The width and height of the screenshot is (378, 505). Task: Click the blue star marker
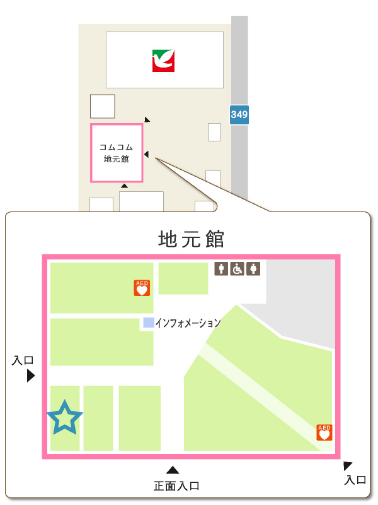[64, 418]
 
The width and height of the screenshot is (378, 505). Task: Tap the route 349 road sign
[239, 115]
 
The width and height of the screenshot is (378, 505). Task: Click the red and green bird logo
[163, 61]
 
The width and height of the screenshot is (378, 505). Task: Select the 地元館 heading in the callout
[191, 239]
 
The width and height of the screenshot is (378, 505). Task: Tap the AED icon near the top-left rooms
[142, 288]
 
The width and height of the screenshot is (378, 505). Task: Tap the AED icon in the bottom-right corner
[324, 432]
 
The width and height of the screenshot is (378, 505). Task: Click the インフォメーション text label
[188, 323]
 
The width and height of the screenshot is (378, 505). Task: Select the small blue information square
[148, 323]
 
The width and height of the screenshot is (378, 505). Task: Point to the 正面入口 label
[176, 486]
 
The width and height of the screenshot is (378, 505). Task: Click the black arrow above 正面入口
[173, 470]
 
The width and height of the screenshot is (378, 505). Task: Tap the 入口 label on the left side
[23, 361]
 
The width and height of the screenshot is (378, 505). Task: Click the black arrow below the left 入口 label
[30, 376]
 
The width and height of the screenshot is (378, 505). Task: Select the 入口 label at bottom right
[355, 480]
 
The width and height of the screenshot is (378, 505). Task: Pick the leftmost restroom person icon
[222, 269]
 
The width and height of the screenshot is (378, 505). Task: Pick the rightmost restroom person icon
[253, 269]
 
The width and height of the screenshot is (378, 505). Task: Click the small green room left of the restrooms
[183, 278]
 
